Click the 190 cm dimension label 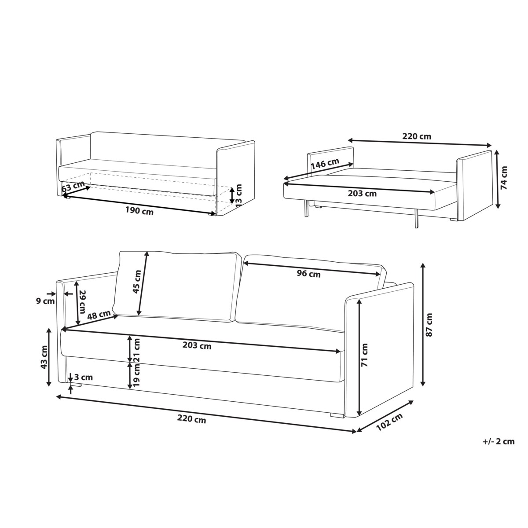[x=139, y=211]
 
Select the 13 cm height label [x=238, y=195]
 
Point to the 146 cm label [x=325, y=163]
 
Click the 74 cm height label [x=504, y=178]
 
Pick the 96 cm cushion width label [x=309, y=273]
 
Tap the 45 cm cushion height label [x=137, y=282]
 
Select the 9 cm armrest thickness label [x=45, y=301]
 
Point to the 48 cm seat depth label [x=99, y=315]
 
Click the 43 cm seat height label [x=44, y=361]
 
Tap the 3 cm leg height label [x=84, y=377]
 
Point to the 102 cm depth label [x=389, y=422]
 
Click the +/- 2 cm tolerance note [x=499, y=441]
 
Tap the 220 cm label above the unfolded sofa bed [x=417, y=136]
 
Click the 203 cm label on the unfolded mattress [x=362, y=194]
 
